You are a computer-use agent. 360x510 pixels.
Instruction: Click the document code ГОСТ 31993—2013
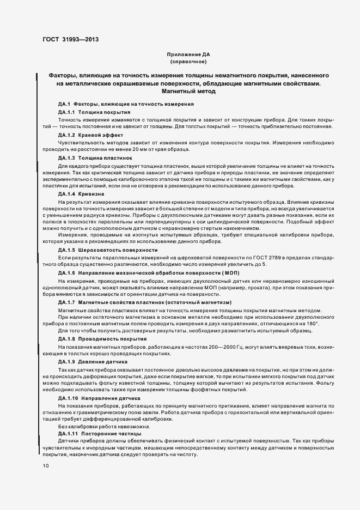pos(67,40)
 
